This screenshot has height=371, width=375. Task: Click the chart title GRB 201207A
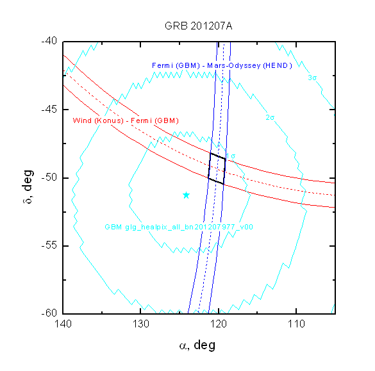tap(198, 26)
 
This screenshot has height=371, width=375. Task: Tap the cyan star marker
tap(186, 195)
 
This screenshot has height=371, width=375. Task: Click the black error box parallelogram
tap(210, 165)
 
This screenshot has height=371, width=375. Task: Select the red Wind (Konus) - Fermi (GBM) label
tap(126, 120)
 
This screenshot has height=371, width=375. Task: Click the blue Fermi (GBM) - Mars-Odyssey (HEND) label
tap(222, 65)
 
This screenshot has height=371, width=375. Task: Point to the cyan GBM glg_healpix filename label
tap(179, 227)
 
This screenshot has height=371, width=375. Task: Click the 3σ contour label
tap(312, 78)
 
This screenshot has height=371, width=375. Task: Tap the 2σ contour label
tap(270, 117)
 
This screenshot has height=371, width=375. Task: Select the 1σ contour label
tap(231, 156)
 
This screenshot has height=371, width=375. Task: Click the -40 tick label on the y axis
tap(49, 41)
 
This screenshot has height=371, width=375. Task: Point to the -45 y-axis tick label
tap(49, 110)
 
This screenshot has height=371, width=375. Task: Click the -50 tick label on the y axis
tap(49, 177)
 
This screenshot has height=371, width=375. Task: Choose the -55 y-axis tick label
tap(49, 245)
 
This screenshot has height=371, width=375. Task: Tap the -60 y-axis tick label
tap(49, 313)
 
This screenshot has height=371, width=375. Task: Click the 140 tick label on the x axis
tap(63, 324)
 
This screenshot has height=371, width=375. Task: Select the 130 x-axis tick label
tap(140, 324)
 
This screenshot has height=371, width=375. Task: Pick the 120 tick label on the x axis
tap(219, 324)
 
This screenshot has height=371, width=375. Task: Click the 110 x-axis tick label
tap(296, 324)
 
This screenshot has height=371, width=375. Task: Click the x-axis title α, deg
tap(197, 345)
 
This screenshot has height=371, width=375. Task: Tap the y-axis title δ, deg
tap(28, 186)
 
